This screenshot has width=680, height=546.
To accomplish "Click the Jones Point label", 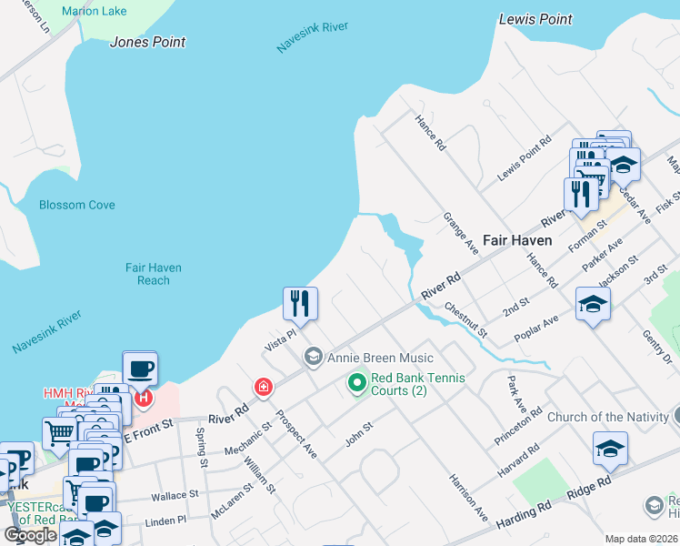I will [x=147, y=42].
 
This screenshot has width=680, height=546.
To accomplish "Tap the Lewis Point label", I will [x=536, y=18].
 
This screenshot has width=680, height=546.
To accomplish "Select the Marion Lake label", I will [x=95, y=12].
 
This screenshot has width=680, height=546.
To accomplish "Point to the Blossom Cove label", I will [x=77, y=205].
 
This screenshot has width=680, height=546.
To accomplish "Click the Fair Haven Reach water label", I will [x=154, y=274].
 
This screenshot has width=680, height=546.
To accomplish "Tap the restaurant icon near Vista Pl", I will [x=300, y=303].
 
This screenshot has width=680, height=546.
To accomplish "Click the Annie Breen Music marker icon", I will [x=314, y=357].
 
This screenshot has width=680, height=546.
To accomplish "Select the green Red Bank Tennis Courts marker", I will [x=356, y=384].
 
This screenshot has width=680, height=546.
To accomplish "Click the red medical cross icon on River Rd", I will [x=264, y=388].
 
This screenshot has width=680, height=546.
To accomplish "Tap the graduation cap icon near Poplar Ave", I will [x=592, y=304].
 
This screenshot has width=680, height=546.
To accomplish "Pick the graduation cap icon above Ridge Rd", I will [x=610, y=448].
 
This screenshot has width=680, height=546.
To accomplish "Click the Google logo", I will [x=31, y=535].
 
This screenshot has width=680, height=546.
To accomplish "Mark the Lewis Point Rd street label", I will [x=525, y=159].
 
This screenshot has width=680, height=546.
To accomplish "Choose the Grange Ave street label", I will [x=460, y=234].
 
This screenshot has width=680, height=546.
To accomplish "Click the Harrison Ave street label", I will [x=467, y=497].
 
